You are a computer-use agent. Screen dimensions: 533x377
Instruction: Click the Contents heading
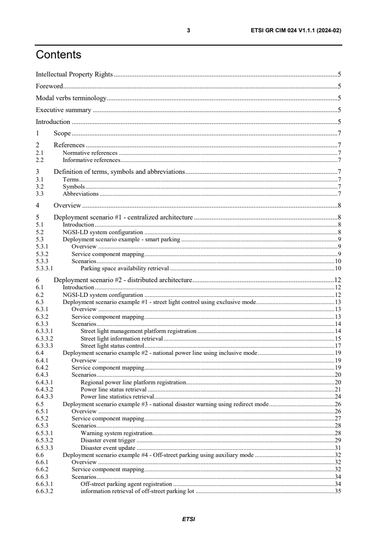click(58, 55)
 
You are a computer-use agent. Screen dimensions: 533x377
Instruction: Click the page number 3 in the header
click(188, 30)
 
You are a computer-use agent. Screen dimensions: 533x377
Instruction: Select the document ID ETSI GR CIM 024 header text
click(296, 30)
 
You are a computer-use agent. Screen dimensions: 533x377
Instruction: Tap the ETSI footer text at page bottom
click(188, 519)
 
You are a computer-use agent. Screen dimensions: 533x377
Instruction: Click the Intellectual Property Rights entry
click(75, 75)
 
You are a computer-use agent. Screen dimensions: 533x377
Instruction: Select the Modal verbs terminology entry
click(71, 98)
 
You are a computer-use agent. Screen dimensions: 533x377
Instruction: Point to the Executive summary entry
click(64, 110)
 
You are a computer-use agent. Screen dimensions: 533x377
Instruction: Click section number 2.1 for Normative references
click(40, 153)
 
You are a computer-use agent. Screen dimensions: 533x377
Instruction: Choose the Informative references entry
click(91, 160)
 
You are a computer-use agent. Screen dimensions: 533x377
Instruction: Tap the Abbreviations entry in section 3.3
click(81, 194)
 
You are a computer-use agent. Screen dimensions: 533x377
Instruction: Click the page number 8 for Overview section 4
click(339, 206)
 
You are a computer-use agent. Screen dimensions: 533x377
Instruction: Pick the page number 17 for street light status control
click(338, 345)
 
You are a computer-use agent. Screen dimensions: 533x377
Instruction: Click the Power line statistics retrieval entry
click(117, 396)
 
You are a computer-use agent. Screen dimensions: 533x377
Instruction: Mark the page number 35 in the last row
click(338, 492)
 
